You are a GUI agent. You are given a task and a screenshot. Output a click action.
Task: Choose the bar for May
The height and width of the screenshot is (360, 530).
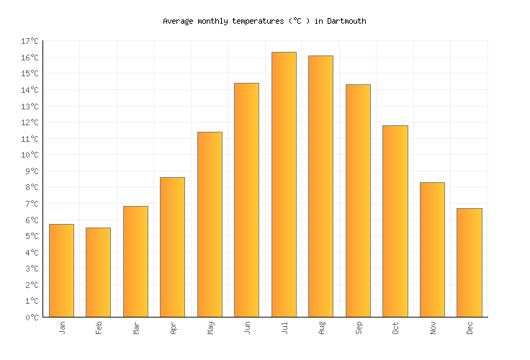(x=210, y=224)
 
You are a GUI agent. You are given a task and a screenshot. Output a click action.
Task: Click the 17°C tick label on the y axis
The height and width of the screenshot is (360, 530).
(x=30, y=41)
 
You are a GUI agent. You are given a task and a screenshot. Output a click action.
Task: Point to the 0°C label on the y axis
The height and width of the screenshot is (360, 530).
(x=32, y=318)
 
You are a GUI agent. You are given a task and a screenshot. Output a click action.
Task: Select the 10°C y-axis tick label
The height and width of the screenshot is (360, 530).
(x=30, y=155)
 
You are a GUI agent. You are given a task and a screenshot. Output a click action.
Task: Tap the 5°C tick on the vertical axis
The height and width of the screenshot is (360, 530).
(x=32, y=236)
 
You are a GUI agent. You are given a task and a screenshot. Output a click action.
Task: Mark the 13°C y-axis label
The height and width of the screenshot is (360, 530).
(x=30, y=107)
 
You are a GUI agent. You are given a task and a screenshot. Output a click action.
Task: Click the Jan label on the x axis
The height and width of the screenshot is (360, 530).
(x=62, y=328)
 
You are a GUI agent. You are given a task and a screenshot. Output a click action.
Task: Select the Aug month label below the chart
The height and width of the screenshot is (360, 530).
(x=321, y=328)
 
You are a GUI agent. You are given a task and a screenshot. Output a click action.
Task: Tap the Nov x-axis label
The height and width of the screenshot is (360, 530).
(x=433, y=328)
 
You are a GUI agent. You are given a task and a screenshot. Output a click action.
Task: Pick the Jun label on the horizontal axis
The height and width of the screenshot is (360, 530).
(x=247, y=328)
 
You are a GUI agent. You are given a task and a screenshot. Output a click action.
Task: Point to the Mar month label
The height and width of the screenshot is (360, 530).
(x=136, y=328)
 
